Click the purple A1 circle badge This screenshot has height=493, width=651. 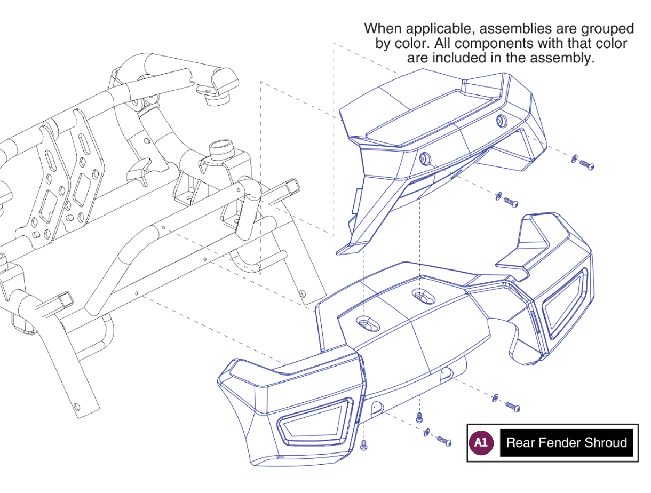(x=481, y=442)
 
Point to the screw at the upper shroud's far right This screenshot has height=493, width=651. (x=586, y=165)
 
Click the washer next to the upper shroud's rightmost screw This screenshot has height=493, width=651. (x=574, y=158)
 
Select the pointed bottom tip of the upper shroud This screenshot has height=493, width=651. (x=342, y=251)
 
